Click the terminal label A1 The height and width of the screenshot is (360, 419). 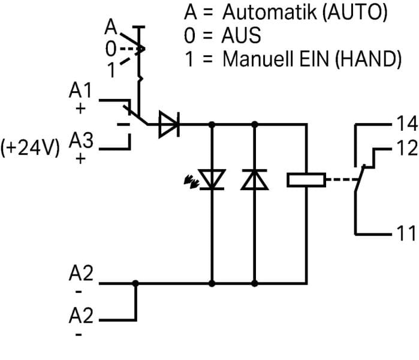tap(80, 90)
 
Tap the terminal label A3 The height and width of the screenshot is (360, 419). tap(81, 140)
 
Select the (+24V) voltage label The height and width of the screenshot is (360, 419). tap(30, 148)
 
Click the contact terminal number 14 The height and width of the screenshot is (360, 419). tap(407, 124)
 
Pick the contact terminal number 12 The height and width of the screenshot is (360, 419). tap(407, 148)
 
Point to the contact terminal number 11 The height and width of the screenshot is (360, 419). tap(406, 233)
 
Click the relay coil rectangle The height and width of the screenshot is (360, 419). tap(306, 180)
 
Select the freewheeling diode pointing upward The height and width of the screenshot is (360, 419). tap(254, 179)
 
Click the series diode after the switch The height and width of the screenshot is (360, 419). tap(169, 124)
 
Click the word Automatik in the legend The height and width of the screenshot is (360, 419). tap(270, 12)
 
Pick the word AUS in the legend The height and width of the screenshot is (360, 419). tap(241, 35)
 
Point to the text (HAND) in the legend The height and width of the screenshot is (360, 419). tap(368, 59)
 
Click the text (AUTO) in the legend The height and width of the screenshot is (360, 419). tap(355, 13)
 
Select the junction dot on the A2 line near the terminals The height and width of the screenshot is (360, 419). tap(135, 283)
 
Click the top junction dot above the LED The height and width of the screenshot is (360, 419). tap(212, 124)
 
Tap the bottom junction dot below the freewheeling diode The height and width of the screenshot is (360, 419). tap(254, 283)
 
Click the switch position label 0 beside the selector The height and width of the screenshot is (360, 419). tap(111, 49)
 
